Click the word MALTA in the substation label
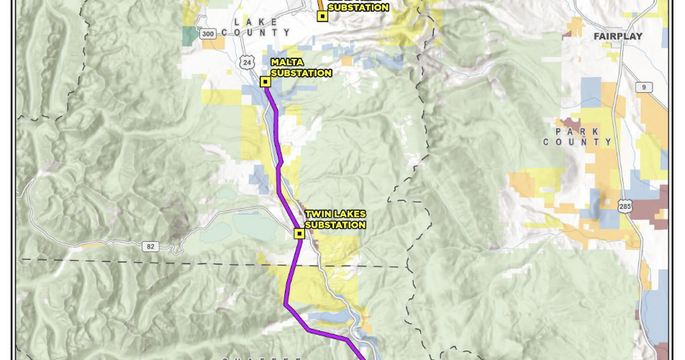pos(287,63)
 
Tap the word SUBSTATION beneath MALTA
pos(301,73)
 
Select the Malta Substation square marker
pos(266,82)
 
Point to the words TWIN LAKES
pos(335,214)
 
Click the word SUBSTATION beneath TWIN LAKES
pos(335,225)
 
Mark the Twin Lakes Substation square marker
pos(299,233)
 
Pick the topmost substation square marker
pos(322,17)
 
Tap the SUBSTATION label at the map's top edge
pos(358,8)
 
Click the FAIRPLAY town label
pos(617,35)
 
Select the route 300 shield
pos(208,34)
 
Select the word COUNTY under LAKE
pos(255,32)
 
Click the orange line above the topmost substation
pos(320,4)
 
